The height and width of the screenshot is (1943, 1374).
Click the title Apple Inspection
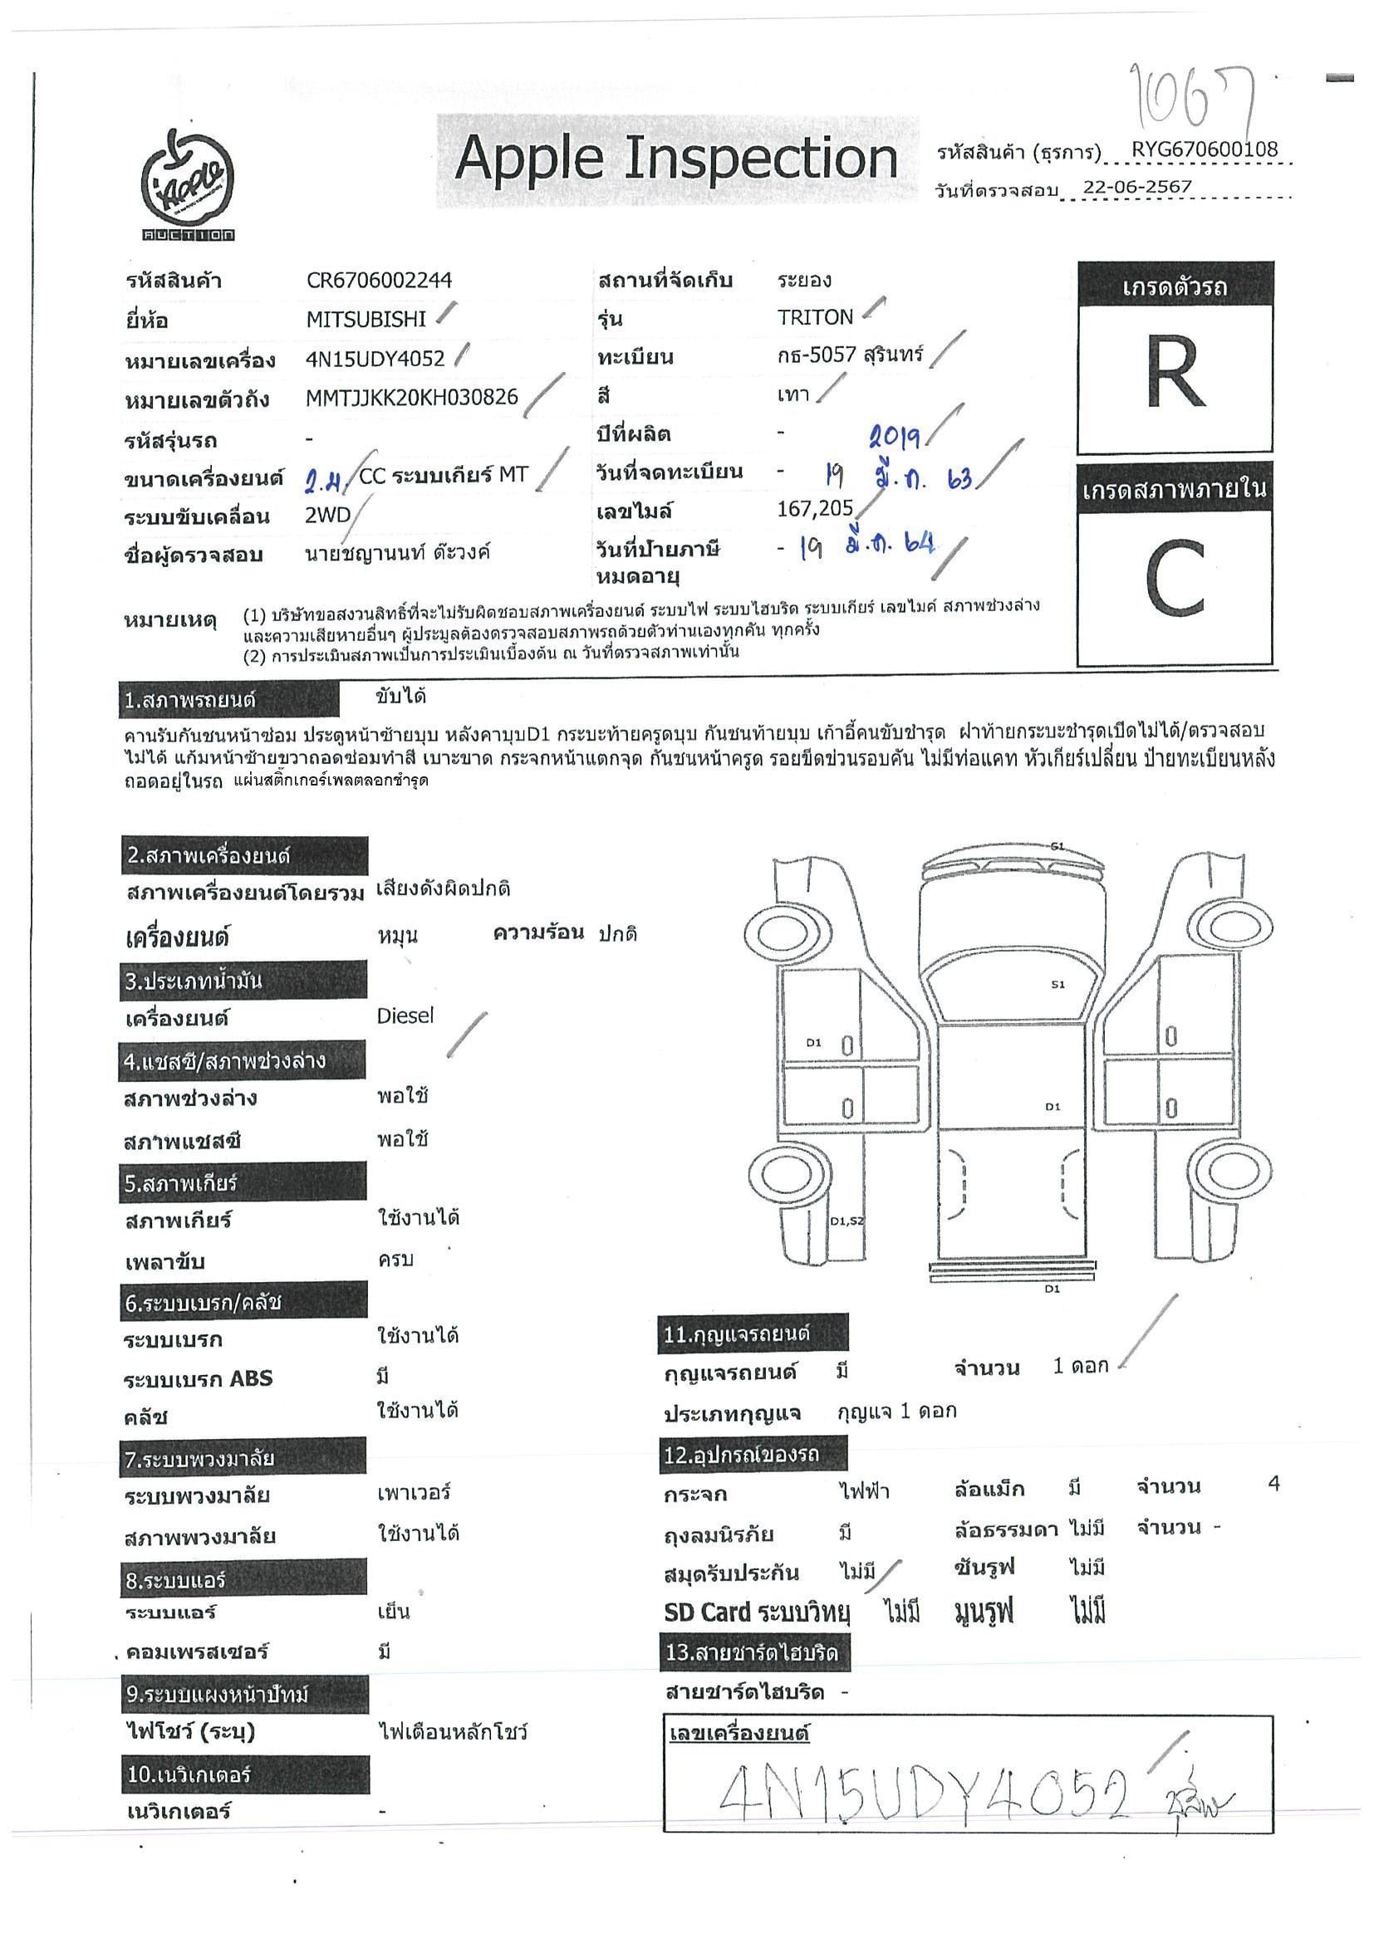[x=675, y=159]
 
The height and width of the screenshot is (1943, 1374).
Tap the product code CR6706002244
[x=380, y=281]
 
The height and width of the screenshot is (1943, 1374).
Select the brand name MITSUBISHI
[x=366, y=320]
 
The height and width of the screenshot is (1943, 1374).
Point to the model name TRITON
[x=814, y=317]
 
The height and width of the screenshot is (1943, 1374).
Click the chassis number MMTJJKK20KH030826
[x=411, y=398]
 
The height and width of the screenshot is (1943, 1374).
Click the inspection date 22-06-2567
[x=1137, y=187]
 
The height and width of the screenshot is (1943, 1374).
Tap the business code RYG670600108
[x=1204, y=149]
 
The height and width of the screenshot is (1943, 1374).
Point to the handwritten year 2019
[x=895, y=437]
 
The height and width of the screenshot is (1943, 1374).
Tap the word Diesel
[x=405, y=1016]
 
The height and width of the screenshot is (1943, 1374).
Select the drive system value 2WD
[x=327, y=516]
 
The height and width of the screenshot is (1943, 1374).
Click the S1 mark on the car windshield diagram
[x=1057, y=984]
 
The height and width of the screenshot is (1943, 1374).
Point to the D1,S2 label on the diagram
[x=846, y=1221]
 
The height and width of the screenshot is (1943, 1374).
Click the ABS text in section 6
[x=252, y=1378]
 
